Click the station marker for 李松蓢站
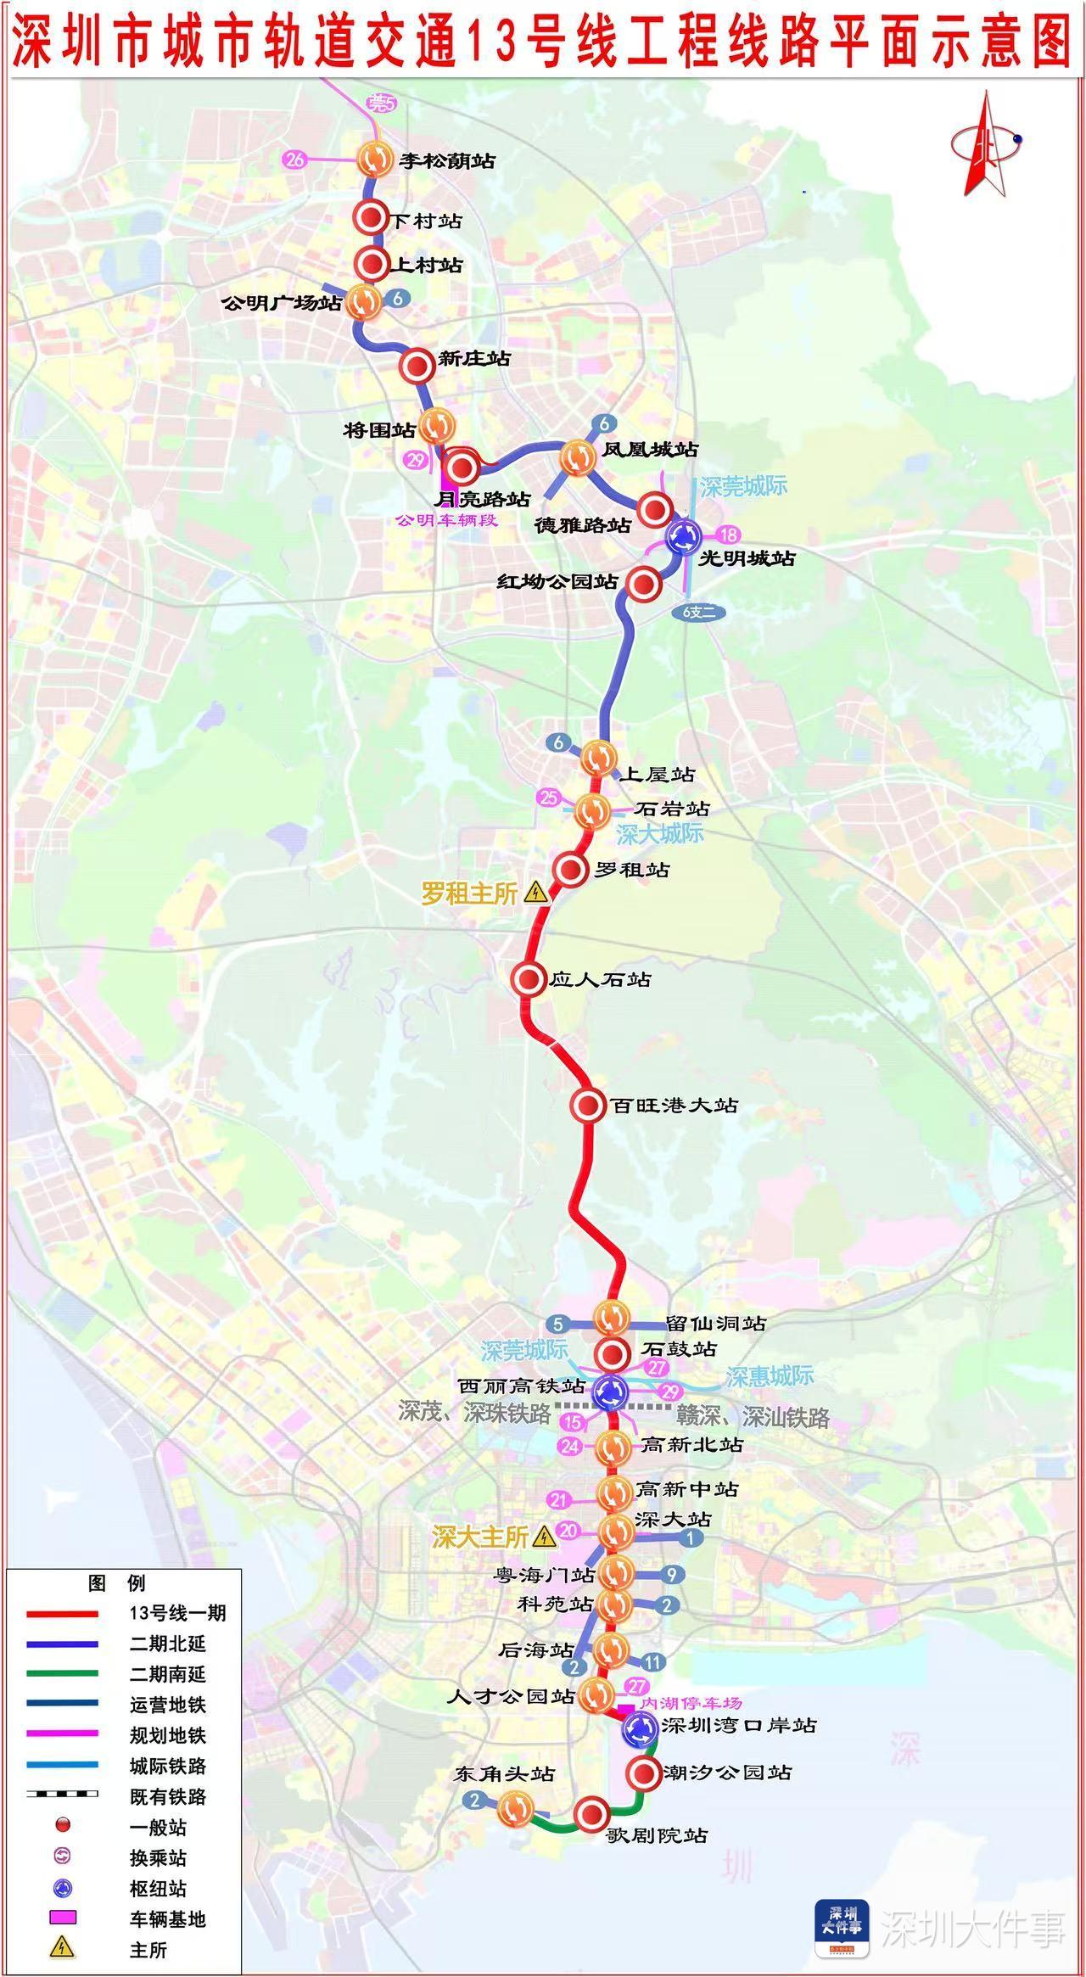coord(373,159)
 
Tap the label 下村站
coord(426,221)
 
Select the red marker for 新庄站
coord(417,366)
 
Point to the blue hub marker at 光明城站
coord(683,535)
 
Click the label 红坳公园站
coord(557,582)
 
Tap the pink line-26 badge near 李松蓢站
coord(295,159)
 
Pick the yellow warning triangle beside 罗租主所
coord(535,893)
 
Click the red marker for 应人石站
coord(529,979)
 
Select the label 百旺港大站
coord(675,1105)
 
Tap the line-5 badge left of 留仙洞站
coord(557,1324)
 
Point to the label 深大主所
coord(480,1537)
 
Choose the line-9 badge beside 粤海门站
coord(671,1575)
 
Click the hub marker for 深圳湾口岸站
coord(639,1728)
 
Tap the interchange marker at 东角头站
coord(514,1808)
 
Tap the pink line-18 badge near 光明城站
coord(728,535)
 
